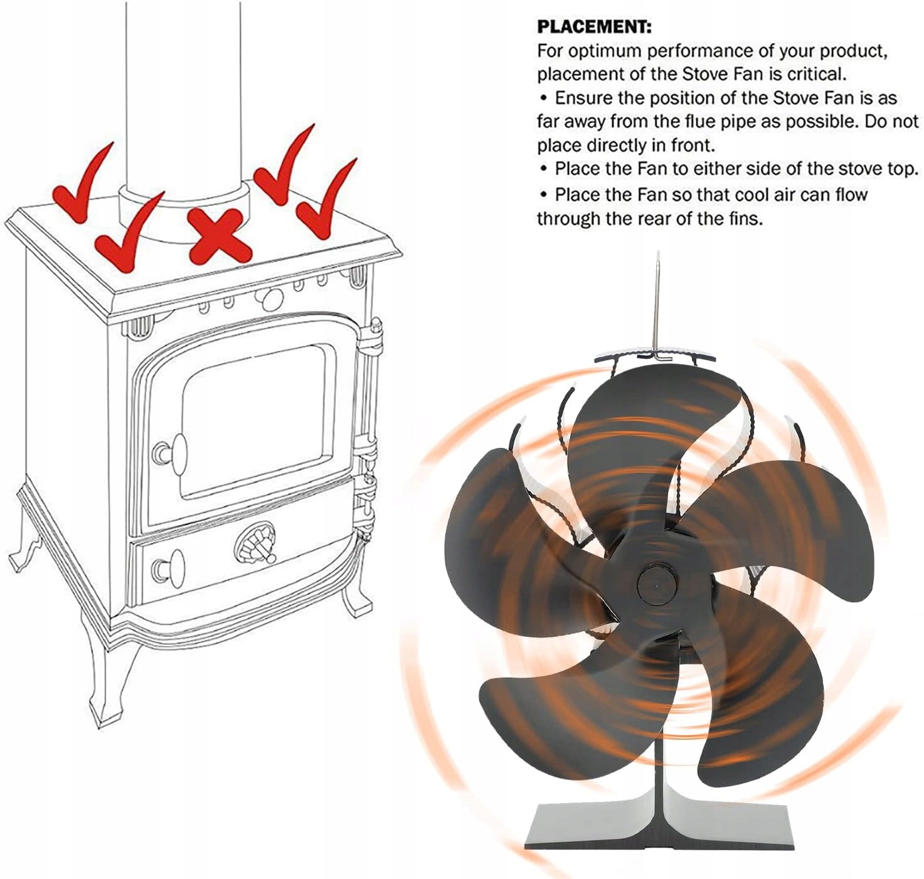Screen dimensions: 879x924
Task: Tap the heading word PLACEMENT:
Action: point(594,28)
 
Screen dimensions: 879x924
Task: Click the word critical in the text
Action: point(816,74)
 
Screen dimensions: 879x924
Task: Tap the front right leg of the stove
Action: point(355,583)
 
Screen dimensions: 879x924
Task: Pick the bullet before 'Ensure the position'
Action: point(544,99)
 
